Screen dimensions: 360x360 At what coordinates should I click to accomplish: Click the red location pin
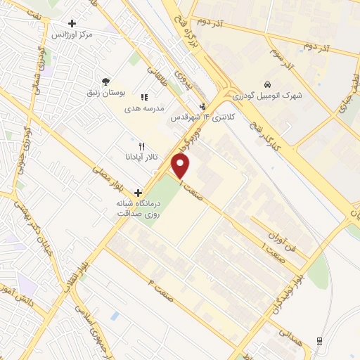(x=181, y=166)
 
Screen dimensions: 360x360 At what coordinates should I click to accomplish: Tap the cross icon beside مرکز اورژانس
(x=72, y=23)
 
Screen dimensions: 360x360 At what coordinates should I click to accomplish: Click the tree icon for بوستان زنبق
(x=105, y=82)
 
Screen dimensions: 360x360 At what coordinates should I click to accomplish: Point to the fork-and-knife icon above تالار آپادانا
(x=141, y=146)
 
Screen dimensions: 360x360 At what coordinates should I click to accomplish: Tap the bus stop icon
(x=320, y=341)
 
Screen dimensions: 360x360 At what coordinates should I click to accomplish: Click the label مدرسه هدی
(x=144, y=109)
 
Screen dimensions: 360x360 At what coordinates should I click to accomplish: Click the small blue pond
(x=115, y=316)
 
